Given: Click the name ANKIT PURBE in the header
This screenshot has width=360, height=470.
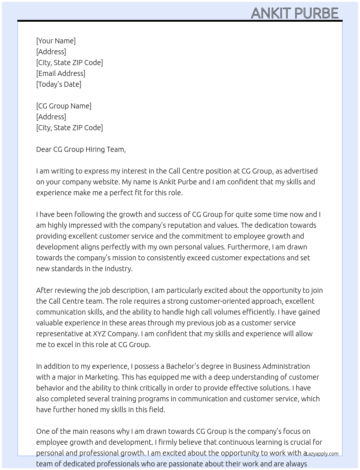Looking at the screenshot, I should tap(295, 13).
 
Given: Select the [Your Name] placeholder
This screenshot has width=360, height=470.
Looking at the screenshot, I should tap(56, 41).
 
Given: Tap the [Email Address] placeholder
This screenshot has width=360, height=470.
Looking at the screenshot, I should tap(61, 73).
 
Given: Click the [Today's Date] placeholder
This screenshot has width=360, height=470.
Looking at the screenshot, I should tap(59, 84).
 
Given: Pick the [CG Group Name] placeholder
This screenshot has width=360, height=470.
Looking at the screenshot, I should tap(64, 106).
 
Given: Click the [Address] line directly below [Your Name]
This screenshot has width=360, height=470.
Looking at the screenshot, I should tap(51, 52).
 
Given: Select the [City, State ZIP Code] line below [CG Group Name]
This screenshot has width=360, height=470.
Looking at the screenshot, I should tap(69, 128).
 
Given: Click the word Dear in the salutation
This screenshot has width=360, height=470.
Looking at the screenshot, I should tap(44, 149).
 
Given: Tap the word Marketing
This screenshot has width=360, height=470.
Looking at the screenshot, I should tap(102, 377).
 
